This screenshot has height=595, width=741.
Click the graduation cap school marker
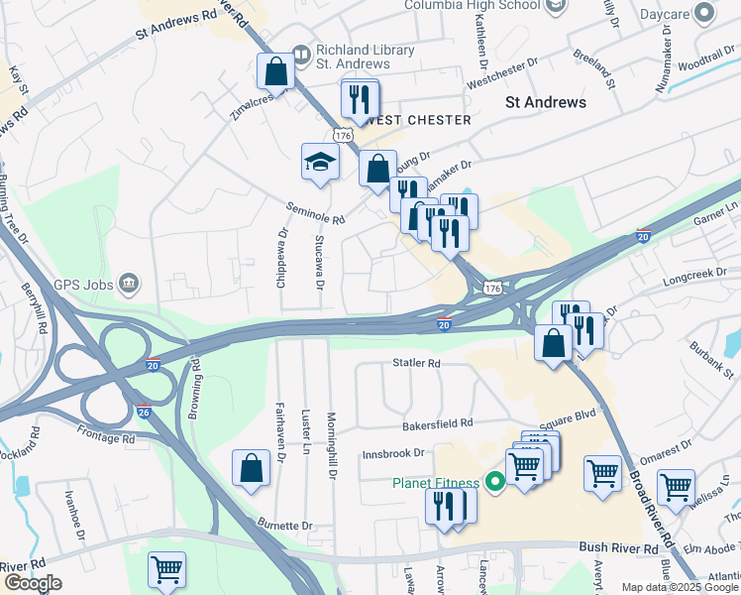coord(321,162)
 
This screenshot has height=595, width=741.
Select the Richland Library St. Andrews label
coord(365,58)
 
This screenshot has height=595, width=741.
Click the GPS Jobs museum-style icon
coord(128,285)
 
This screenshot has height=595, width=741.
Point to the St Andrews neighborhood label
coord(545,102)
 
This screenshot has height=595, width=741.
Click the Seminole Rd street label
coord(316,213)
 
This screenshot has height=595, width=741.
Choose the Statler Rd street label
coord(416,364)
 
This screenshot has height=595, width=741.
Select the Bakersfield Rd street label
coord(438,424)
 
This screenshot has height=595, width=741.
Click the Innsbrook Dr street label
coord(393,453)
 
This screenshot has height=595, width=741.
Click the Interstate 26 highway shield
coord(145,409)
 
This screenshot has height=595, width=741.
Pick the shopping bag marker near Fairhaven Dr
coord(252,468)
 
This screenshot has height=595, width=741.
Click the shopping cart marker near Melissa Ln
coord(675,487)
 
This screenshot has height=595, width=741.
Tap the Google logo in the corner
coord(32,583)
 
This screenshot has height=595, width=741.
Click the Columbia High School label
coord(473,6)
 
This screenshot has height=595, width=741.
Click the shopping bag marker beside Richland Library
coord(275,71)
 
